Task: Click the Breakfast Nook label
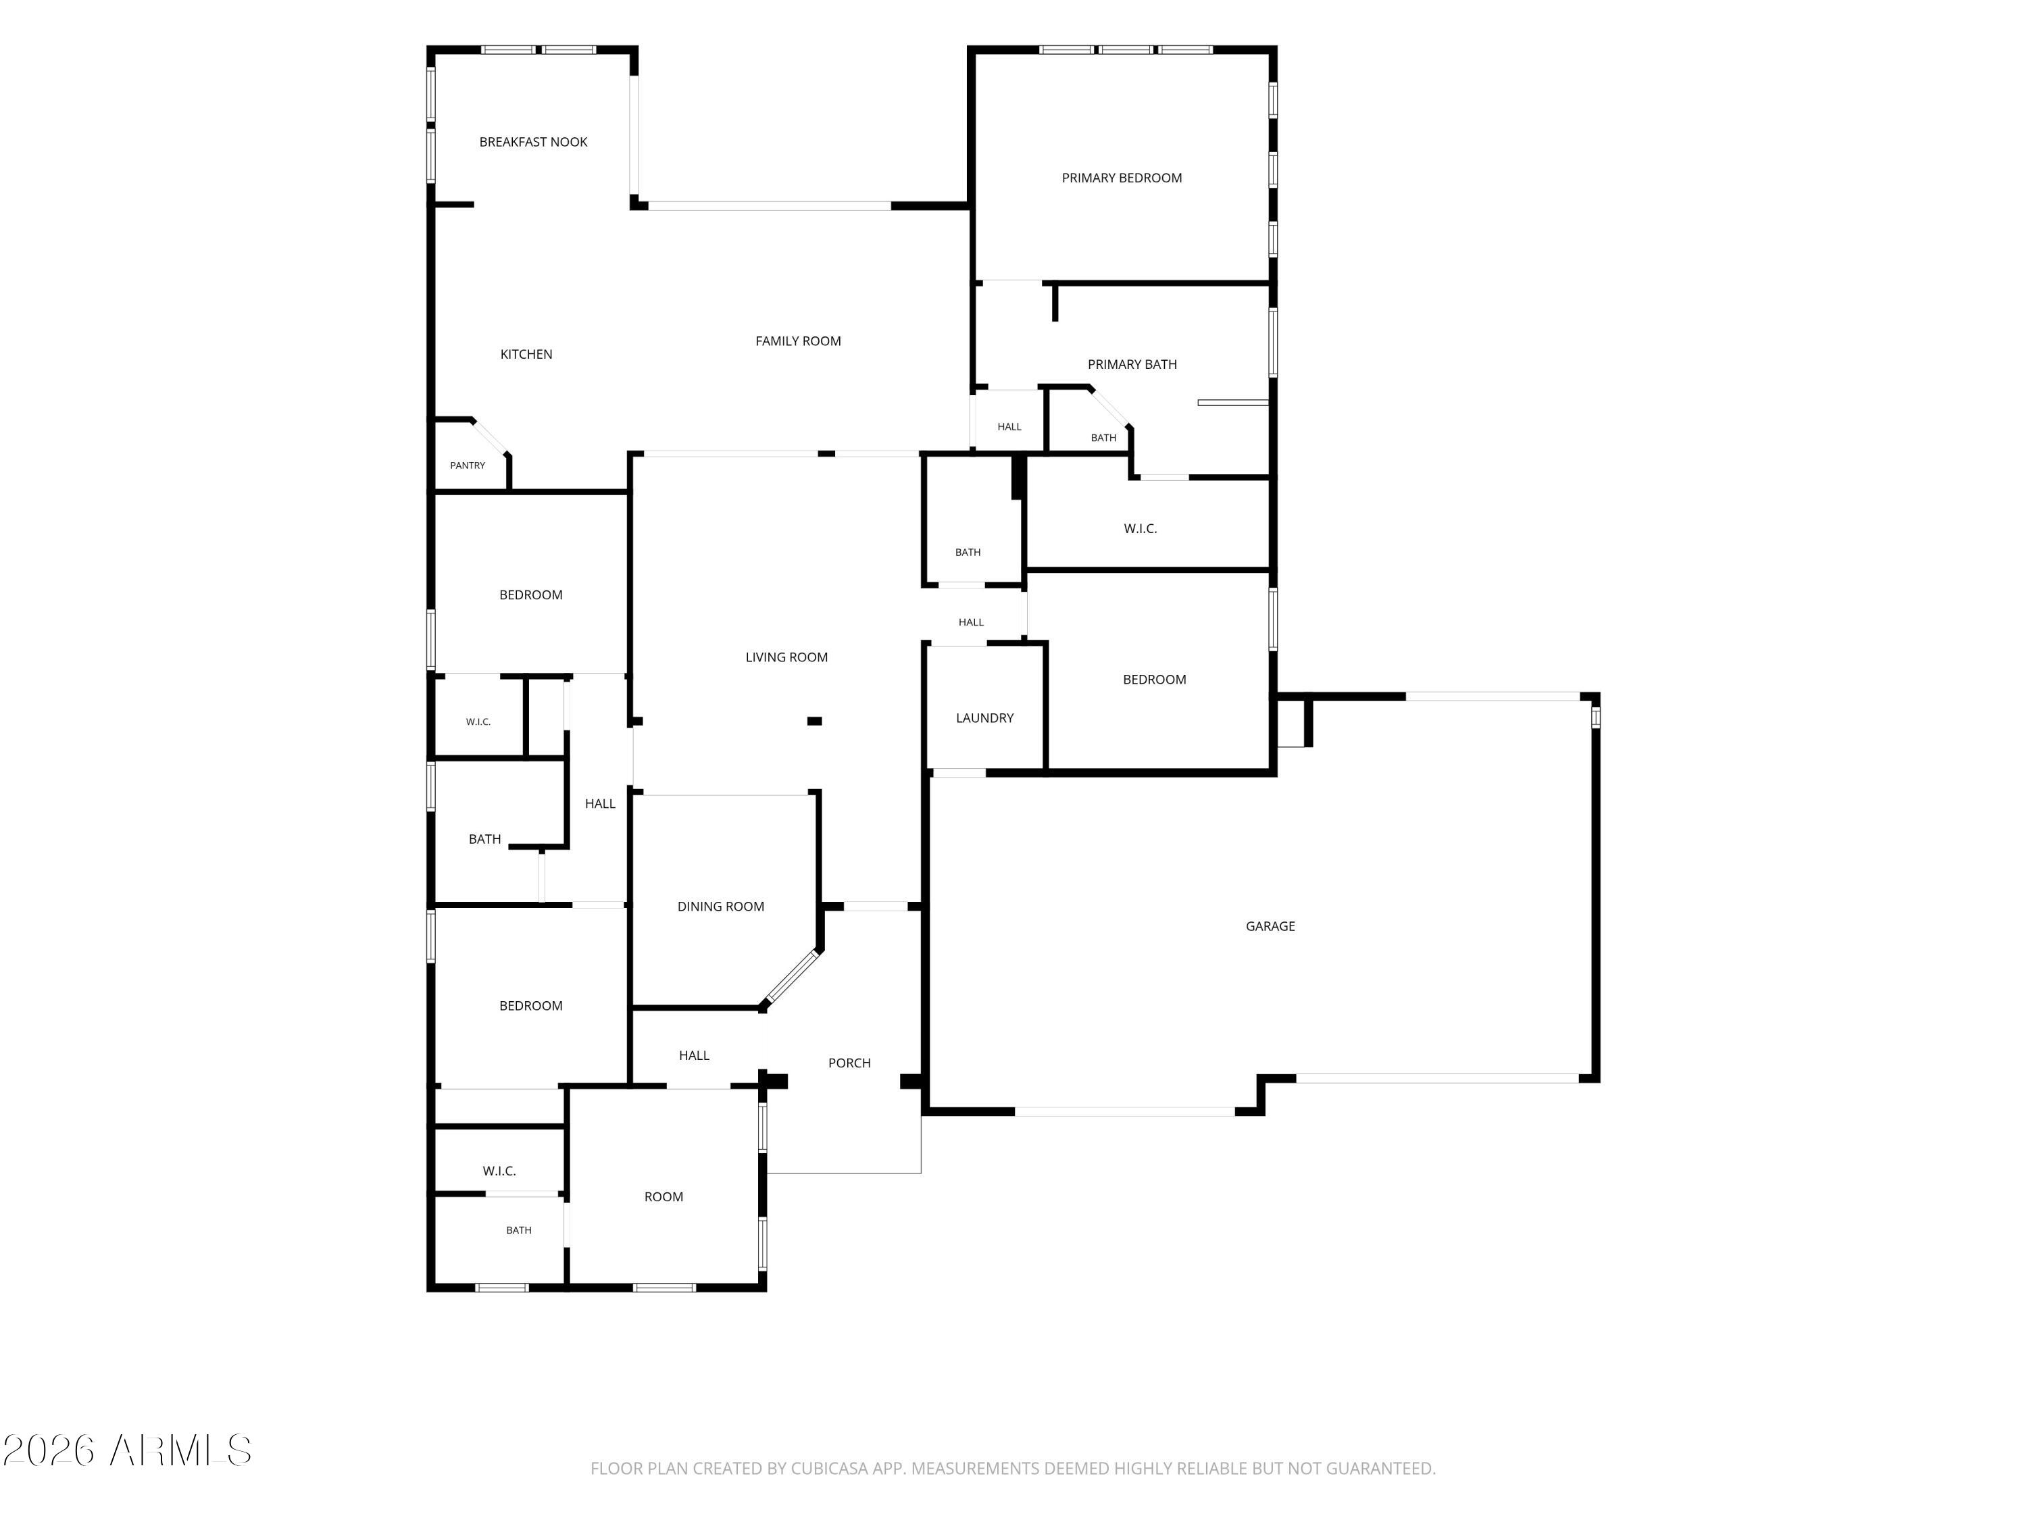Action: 533,142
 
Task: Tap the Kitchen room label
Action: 526,355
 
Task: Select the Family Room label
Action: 798,341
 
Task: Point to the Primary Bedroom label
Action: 1122,178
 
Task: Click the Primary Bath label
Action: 1132,365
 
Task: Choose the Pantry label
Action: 468,465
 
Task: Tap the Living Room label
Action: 786,657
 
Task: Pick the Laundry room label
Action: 984,718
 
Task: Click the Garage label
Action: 1270,926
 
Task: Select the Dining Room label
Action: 720,906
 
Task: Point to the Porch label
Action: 849,1063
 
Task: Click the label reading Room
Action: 664,1196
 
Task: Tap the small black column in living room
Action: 814,721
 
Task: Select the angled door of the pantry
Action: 491,436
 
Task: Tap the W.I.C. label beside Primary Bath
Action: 1140,529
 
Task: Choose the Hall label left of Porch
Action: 694,1055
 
